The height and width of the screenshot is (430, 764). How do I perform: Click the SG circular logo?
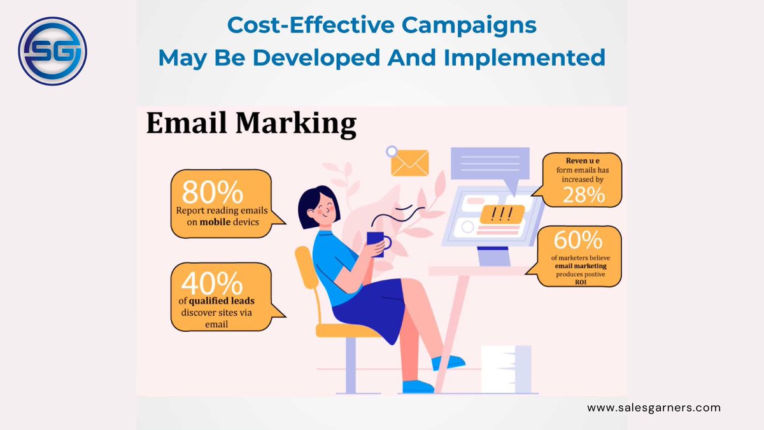point(52,51)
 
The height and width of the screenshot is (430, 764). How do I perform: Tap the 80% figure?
point(213,192)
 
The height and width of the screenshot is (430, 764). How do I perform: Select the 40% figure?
point(213,282)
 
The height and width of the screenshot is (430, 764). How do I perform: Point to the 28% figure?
point(583,195)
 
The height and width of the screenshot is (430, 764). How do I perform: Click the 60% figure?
point(577,241)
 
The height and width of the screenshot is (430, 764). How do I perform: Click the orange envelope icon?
point(409,162)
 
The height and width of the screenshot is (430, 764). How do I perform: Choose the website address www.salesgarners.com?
point(654,407)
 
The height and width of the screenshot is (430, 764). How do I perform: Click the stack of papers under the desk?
point(506,368)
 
